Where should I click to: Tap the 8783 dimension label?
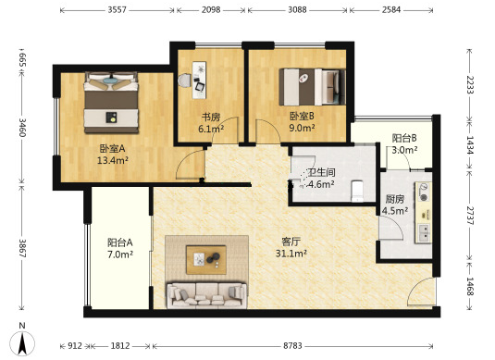(x=292, y=346)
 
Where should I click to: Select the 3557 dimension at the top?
(x=117, y=10)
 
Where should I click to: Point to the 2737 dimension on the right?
(x=470, y=216)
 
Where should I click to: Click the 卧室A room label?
(x=112, y=148)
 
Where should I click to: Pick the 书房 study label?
(x=211, y=117)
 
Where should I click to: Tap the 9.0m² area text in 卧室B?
(x=302, y=128)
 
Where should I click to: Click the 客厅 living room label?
(x=291, y=242)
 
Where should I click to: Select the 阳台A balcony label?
(x=120, y=242)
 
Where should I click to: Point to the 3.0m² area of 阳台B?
(x=404, y=150)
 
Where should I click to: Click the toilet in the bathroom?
(x=358, y=191)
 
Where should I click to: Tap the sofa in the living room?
(x=206, y=295)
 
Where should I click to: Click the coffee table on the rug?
(x=206, y=259)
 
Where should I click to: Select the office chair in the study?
(x=184, y=81)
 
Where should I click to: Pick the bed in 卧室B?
(x=312, y=87)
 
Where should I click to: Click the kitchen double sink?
(x=424, y=233)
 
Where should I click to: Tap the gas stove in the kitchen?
(x=423, y=192)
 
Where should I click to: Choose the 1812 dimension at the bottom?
(x=120, y=346)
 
